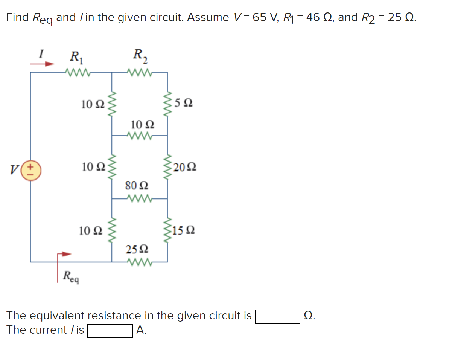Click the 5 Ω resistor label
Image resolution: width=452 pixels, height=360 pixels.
[x=184, y=103]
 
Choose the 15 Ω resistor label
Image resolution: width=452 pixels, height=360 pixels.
[x=185, y=230]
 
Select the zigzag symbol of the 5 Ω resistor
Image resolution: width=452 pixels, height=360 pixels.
[x=167, y=103]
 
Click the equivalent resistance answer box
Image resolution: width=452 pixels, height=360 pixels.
[x=278, y=316]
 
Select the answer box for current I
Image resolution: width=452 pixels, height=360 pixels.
[x=110, y=331]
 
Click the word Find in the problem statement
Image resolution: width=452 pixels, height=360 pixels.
[x=18, y=17]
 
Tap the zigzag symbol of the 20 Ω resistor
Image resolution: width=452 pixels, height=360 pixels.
[x=167, y=166]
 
